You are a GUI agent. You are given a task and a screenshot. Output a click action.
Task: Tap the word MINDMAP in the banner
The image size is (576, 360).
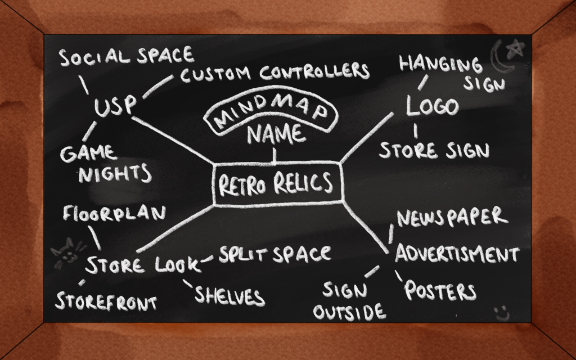[x=272, y=114]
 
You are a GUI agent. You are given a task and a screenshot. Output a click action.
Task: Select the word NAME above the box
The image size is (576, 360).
[x=277, y=135]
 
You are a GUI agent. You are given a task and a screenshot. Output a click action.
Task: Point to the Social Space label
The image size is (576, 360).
[x=127, y=56]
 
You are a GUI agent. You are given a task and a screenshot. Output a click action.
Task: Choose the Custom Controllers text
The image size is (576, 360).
[x=275, y=73]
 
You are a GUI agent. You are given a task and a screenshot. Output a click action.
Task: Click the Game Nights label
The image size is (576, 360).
[x=106, y=163]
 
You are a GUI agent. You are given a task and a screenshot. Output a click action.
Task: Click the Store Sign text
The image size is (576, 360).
[x=434, y=150]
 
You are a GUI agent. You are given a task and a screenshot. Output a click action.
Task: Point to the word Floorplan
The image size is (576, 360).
[x=115, y=214]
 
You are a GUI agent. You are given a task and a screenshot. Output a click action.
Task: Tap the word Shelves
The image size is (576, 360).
[x=229, y=295]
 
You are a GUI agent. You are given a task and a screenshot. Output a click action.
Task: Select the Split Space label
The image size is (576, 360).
[x=274, y=254]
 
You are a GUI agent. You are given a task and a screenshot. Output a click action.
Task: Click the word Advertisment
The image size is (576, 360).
[x=457, y=254]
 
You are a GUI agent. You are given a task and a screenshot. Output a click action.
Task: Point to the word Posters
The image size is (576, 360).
[x=440, y=291]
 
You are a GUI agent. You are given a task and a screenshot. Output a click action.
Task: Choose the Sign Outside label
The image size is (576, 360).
[x=349, y=301]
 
